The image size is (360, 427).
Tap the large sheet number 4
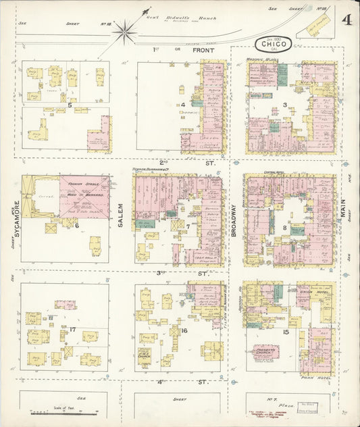pyautogui.click(x=346, y=19)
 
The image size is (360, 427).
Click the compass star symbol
pyautogui.click(x=125, y=30)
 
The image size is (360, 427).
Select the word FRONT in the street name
pyautogui.click(x=203, y=51)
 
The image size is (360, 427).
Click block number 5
pyautogui.click(x=70, y=105)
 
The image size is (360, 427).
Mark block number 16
pyautogui.click(x=184, y=330)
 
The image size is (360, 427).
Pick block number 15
pyautogui.click(x=286, y=332)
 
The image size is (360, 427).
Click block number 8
pyautogui.click(x=285, y=228)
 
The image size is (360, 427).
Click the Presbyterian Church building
pyautogui.click(x=265, y=351)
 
